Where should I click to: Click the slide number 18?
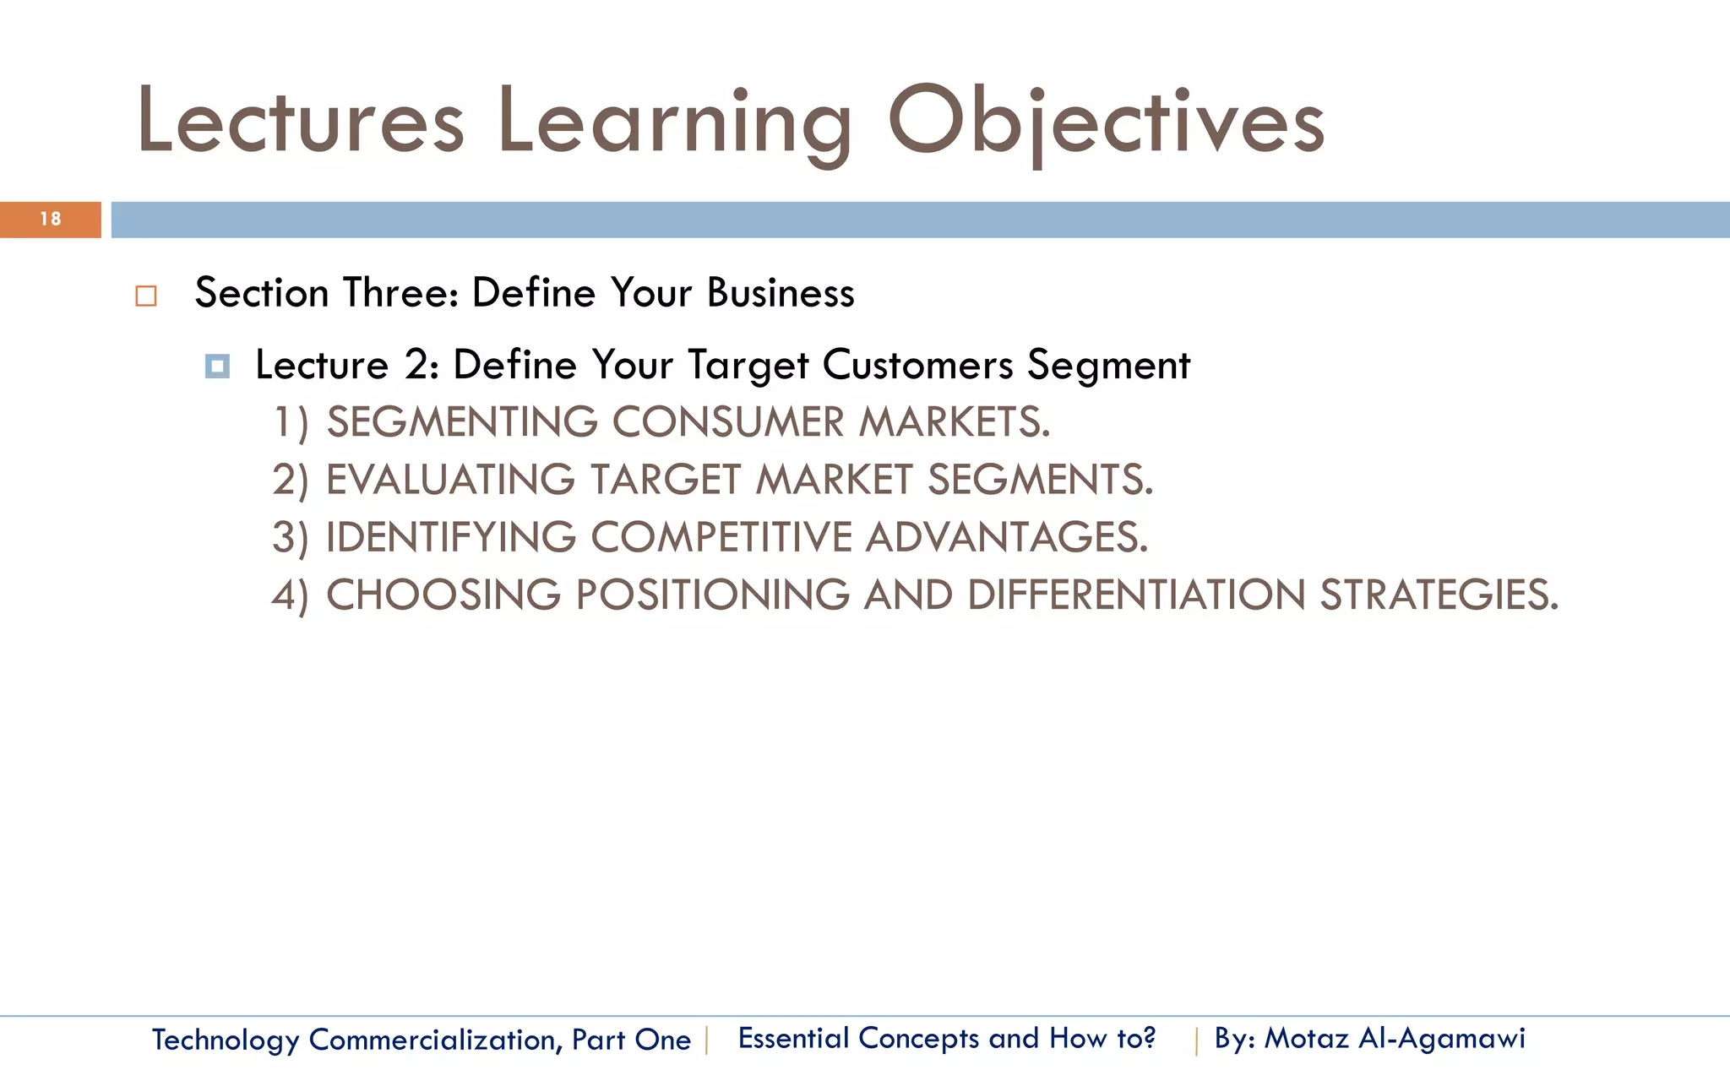click(x=51, y=220)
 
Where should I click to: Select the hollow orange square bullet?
click(x=146, y=296)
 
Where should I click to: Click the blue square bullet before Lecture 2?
click(x=217, y=367)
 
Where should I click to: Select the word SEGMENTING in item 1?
click(x=462, y=422)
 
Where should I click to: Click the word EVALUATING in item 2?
click(x=450, y=480)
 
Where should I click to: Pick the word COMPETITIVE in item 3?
click(x=721, y=537)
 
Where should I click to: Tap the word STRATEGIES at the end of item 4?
click(x=1438, y=595)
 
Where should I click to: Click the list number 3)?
click(x=290, y=538)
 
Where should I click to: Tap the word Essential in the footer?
click(x=793, y=1038)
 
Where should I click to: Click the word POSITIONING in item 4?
click(x=712, y=595)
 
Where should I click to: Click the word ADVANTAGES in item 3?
click(x=1006, y=537)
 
